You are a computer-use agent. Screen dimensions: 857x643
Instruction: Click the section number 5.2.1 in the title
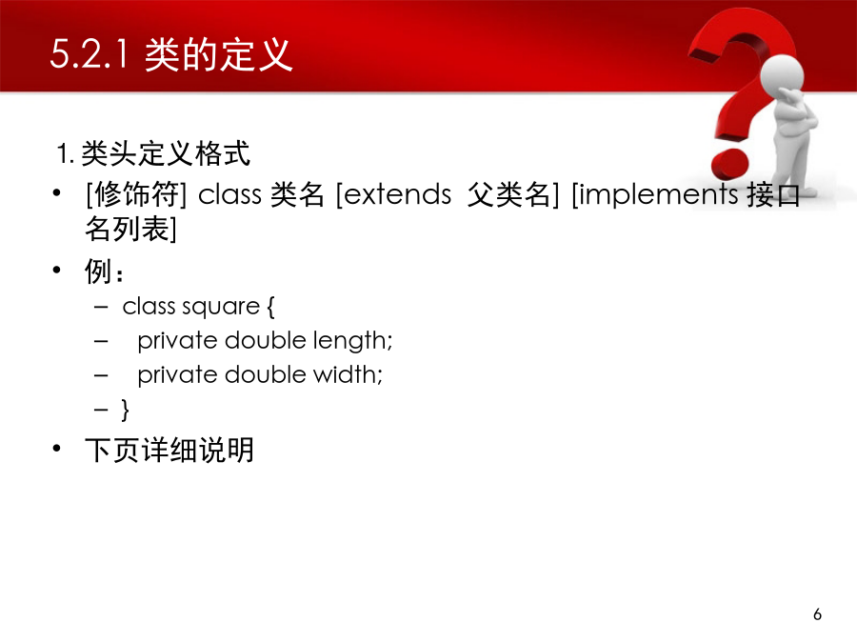coord(90,54)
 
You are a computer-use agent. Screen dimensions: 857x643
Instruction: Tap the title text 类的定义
coord(219,54)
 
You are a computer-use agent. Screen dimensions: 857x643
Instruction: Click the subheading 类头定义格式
coord(166,153)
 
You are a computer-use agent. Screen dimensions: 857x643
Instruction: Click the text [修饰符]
coord(136,194)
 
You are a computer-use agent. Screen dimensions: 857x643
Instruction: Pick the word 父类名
coord(508,194)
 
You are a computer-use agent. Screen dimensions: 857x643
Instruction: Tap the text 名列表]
coord(130,229)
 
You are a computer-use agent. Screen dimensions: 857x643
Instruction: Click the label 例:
coord(104,271)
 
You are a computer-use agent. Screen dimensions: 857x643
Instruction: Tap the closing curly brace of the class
coord(125,409)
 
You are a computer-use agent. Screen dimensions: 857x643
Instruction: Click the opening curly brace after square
coord(270,306)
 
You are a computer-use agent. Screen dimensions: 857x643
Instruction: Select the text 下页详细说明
coord(169,450)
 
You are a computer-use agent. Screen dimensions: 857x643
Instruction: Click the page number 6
coord(817,614)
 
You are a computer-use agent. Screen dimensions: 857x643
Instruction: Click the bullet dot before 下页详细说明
coord(56,449)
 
